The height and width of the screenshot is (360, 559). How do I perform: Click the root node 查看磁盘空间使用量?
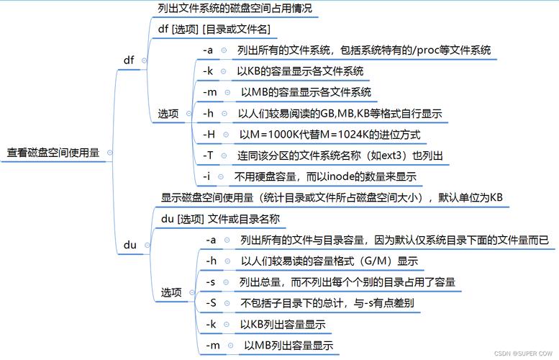(x=53, y=153)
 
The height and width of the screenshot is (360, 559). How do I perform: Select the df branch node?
(x=129, y=60)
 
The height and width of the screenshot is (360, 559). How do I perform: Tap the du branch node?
(x=129, y=245)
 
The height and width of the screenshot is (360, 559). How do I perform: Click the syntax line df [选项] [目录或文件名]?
(x=214, y=30)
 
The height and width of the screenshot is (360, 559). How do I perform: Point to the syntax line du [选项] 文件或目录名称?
(x=220, y=219)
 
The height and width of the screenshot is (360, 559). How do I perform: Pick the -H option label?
(x=209, y=135)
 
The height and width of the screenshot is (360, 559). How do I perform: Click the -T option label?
(x=208, y=156)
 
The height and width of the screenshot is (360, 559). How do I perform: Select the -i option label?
(x=206, y=176)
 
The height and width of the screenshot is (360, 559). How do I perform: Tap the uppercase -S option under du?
(x=211, y=303)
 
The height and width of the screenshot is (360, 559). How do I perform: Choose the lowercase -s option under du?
(x=210, y=282)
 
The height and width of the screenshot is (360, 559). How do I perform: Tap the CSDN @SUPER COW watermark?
(x=523, y=354)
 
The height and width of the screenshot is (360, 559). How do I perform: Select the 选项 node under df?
(x=168, y=114)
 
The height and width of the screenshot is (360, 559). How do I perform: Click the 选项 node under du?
(x=171, y=292)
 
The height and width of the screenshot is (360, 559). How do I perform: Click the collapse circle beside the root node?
(x=110, y=153)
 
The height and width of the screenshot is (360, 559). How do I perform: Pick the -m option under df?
(x=210, y=92)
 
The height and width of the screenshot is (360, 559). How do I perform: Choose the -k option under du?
(x=211, y=324)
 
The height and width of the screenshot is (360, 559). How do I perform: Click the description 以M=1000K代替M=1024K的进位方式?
(x=330, y=135)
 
